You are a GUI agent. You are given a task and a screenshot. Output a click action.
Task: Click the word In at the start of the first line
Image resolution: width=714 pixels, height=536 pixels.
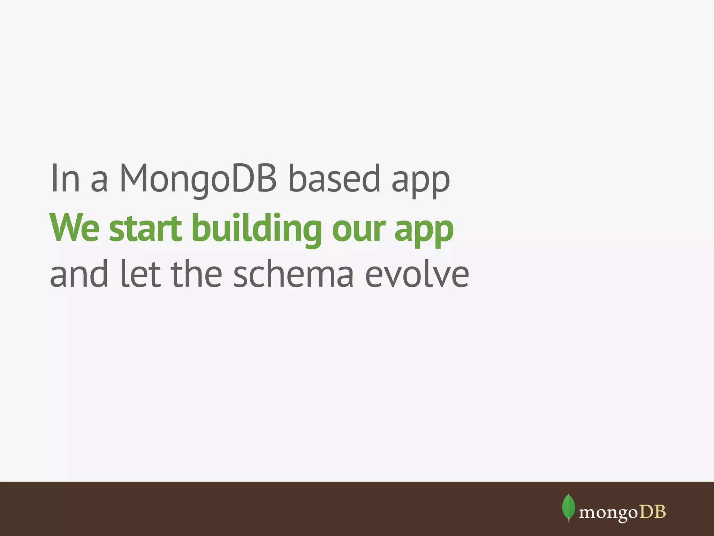[65, 178]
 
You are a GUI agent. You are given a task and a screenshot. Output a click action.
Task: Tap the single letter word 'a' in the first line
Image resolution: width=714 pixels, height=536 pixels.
[99, 183]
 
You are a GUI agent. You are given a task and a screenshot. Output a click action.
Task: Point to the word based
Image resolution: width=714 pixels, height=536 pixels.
[334, 178]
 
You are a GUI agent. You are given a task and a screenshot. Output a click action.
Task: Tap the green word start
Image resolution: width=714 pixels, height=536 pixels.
[145, 229]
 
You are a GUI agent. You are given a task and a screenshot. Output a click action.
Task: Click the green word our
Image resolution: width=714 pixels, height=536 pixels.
[359, 231]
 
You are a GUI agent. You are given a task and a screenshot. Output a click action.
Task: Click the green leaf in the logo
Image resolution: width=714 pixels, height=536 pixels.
[569, 507]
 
